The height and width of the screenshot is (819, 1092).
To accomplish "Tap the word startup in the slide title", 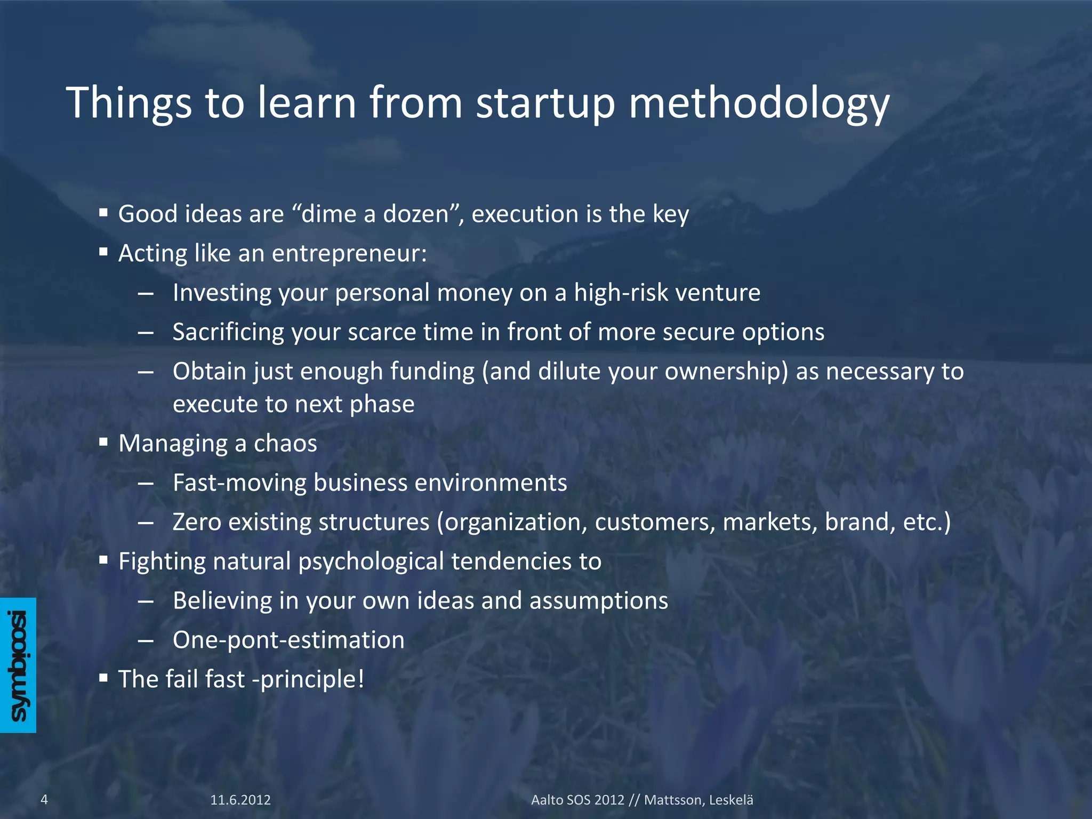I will tap(545, 103).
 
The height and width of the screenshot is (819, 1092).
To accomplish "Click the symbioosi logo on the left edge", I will tap(18, 665).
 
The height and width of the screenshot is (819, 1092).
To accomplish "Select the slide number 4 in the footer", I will tap(44, 799).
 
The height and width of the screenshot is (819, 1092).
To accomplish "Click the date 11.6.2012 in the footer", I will tap(240, 800).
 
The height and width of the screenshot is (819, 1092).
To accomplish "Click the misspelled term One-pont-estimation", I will tap(288, 640).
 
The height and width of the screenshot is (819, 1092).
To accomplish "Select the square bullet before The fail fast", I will tap(103, 679).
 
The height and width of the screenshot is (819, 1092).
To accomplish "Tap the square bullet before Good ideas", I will tap(103, 213).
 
